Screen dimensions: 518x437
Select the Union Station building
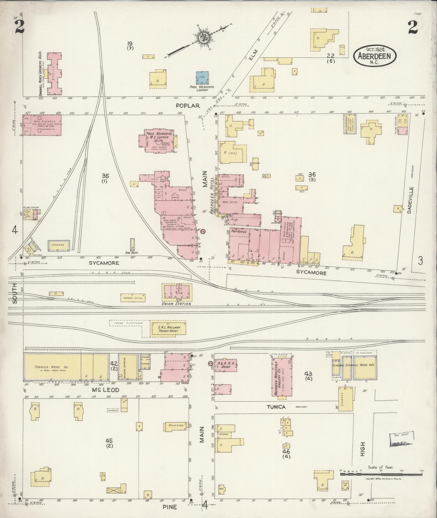[177, 292]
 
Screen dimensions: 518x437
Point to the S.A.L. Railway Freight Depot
[168, 329]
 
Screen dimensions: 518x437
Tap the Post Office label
[238, 232]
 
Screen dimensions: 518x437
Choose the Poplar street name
[187, 106]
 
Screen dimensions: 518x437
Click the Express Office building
[132, 298]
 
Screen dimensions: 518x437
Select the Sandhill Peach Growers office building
[54, 74]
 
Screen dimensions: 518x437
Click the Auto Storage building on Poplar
[42, 125]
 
